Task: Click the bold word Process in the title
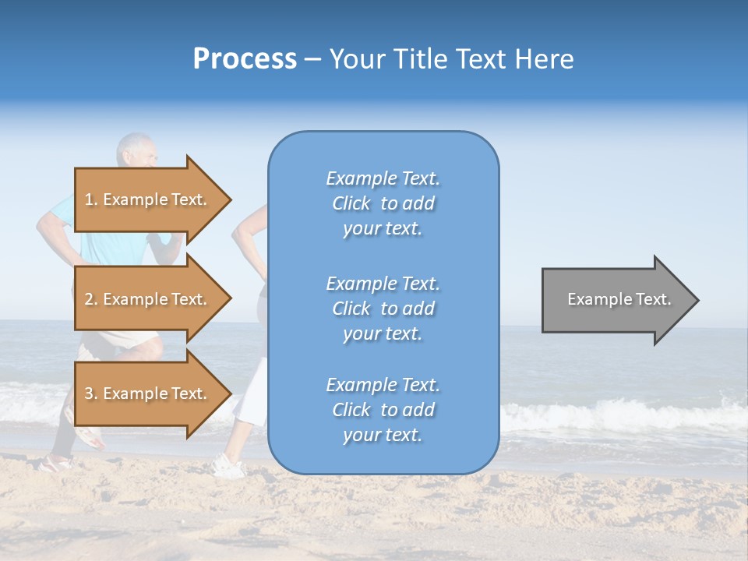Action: tap(245, 59)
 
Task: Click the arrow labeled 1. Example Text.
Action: tap(152, 199)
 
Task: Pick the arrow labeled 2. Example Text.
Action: tap(152, 299)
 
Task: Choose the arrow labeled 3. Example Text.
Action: tap(152, 393)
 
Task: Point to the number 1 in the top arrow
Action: tap(89, 199)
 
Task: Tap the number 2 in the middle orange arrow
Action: tap(89, 299)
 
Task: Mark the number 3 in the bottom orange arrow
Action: tap(89, 393)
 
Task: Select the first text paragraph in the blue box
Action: tap(383, 203)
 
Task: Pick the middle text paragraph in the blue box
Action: tap(383, 309)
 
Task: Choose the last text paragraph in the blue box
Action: tap(383, 410)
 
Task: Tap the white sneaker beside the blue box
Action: tap(227, 467)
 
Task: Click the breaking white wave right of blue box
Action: tap(616, 413)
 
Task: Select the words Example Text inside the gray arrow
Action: tap(619, 299)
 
